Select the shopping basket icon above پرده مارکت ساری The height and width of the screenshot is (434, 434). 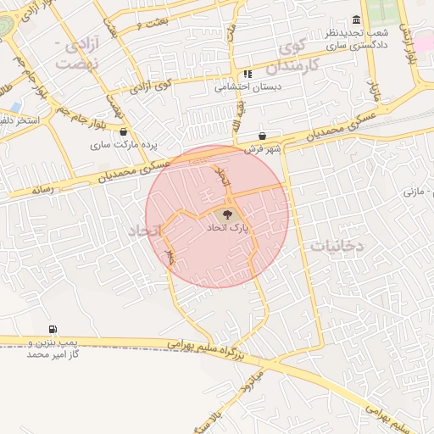click(x=125, y=131)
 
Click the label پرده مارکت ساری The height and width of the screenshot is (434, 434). click(x=126, y=145)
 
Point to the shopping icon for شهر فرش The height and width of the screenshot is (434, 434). click(x=262, y=136)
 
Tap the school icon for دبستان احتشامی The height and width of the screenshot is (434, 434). click(x=248, y=74)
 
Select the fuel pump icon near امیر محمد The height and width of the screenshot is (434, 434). click(x=53, y=329)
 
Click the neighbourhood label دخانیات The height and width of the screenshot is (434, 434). click(x=337, y=246)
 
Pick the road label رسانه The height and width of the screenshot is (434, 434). click(x=42, y=191)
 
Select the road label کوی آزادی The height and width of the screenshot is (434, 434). click(x=153, y=86)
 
